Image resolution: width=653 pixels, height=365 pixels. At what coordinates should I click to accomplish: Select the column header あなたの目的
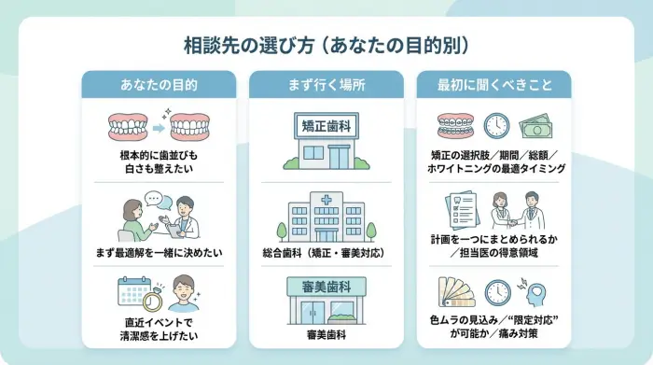[159, 84]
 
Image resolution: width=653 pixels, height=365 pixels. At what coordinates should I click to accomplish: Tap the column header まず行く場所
[326, 84]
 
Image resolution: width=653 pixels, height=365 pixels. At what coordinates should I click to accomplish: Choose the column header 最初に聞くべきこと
[494, 84]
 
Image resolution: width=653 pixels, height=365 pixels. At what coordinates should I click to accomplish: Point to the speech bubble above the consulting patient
[154, 200]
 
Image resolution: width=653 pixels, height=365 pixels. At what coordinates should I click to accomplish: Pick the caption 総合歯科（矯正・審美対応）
[326, 253]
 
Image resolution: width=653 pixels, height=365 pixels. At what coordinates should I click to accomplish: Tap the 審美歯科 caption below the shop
[326, 333]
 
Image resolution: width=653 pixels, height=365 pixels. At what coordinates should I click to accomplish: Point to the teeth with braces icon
[456, 126]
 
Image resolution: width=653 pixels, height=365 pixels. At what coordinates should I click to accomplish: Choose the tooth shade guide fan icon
[456, 293]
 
